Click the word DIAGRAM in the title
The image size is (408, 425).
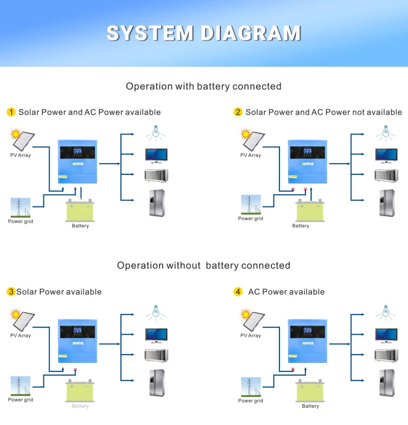(250, 33)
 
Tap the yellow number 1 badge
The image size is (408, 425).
(11, 112)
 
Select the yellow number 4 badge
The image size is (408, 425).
(238, 292)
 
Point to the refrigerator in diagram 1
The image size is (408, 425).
(157, 203)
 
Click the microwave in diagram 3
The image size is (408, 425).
(156, 355)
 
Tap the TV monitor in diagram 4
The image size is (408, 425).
(386, 335)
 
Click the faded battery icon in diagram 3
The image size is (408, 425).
(80, 391)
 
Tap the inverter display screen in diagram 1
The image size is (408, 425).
(76, 152)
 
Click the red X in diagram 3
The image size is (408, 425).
(75, 369)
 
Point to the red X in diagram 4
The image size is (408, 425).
(293, 369)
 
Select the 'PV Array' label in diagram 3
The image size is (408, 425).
(20, 335)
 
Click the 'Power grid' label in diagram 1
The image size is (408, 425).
(20, 221)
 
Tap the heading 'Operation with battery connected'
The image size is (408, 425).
(203, 86)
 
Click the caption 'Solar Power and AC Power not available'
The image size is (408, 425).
(323, 112)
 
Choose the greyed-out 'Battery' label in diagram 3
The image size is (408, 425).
(80, 406)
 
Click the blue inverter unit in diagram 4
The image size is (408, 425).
(307, 340)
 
